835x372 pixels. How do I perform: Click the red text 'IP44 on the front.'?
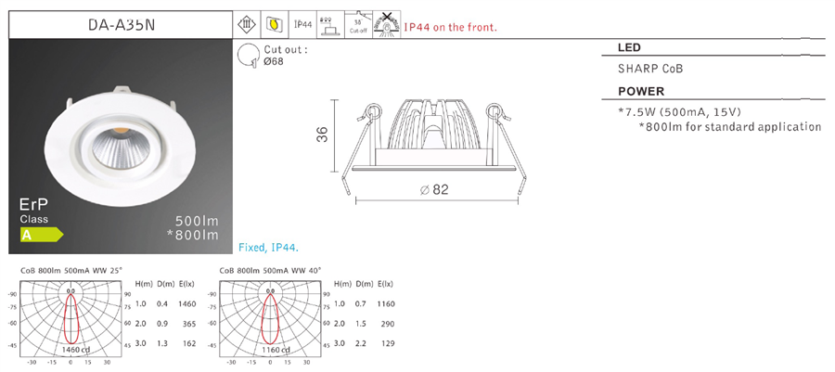[451, 27]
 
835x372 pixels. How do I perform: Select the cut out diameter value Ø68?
[274, 62]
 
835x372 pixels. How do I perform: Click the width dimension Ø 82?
[434, 189]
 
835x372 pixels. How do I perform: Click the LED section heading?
[628, 47]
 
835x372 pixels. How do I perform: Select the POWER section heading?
[640, 92]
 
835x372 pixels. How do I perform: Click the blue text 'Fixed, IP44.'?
[267, 248]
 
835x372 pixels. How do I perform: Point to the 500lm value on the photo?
[197, 221]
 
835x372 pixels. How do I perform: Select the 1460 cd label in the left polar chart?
[71, 349]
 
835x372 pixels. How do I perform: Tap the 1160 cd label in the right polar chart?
[275, 349]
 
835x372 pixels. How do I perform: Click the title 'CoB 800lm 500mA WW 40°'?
[269, 271]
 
